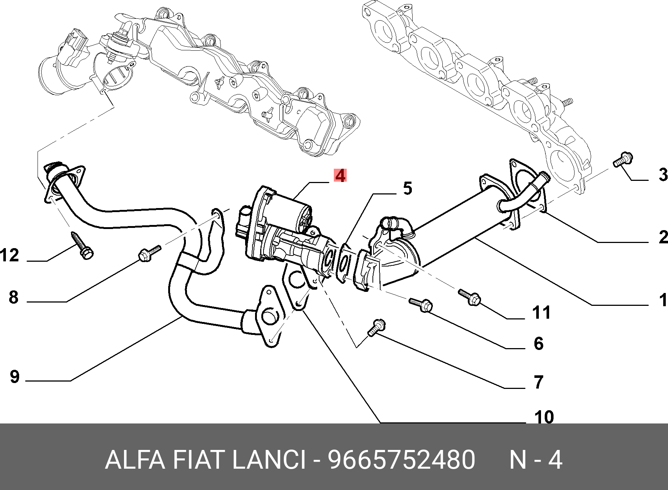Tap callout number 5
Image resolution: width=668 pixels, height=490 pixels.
(x=407, y=188)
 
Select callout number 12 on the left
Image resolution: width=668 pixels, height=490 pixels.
(x=10, y=255)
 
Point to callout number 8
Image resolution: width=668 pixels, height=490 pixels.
(x=14, y=297)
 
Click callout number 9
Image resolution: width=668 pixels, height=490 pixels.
(x=14, y=377)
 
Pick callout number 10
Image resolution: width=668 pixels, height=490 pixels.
(x=544, y=418)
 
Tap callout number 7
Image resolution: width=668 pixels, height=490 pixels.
(x=538, y=382)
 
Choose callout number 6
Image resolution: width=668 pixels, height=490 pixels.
(x=538, y=344)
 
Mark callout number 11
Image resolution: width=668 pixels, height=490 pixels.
(x=541, y=313)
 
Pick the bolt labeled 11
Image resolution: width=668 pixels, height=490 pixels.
(x=469, y=297)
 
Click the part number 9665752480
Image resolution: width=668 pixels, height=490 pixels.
(x=401, y=460)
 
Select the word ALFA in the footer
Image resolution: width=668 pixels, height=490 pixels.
(x=135, y=460)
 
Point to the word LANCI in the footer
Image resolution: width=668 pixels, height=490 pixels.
(x=269, y=460)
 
